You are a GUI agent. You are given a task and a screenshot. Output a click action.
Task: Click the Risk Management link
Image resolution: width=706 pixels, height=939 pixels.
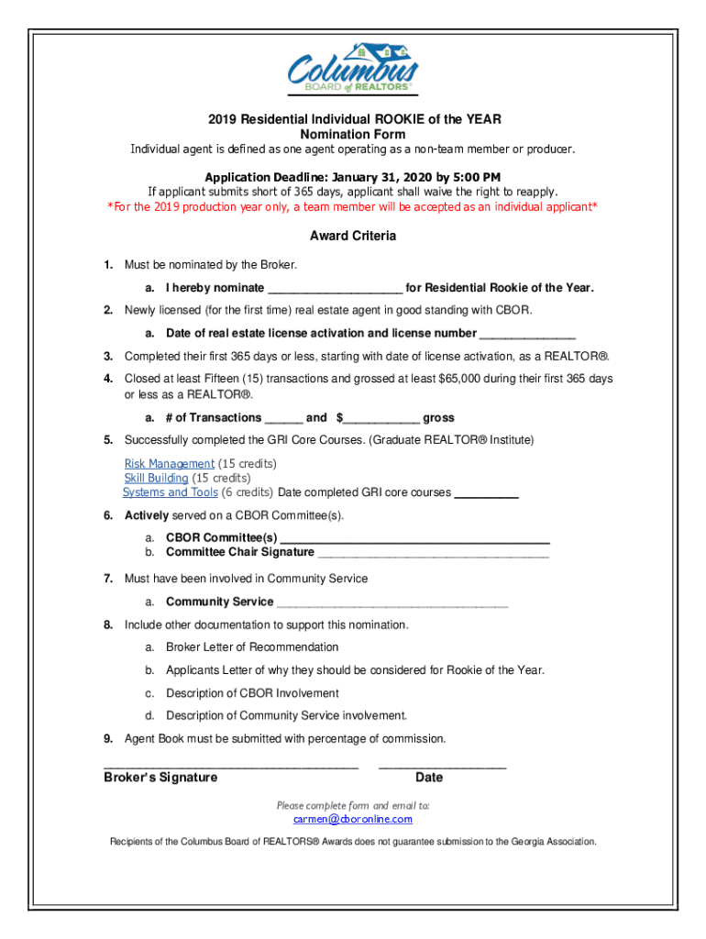[170, 464]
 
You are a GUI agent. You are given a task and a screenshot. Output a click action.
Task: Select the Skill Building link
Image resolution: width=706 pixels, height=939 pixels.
[156, 479]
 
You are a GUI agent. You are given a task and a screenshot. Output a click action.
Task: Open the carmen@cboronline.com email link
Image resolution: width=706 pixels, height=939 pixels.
[353, 819]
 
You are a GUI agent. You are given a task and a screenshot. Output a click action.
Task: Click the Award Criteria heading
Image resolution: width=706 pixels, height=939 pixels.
[353, 237]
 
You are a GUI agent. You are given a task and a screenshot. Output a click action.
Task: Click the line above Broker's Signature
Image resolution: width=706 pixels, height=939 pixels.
[230, 766]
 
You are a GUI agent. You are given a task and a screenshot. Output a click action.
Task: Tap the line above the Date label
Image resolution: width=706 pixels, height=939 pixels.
[442, 766]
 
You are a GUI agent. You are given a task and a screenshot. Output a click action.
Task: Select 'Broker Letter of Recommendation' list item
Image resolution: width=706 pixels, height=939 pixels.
[252, 647]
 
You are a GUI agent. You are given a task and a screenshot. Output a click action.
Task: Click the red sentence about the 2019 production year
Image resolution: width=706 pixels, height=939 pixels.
[353, 207]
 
